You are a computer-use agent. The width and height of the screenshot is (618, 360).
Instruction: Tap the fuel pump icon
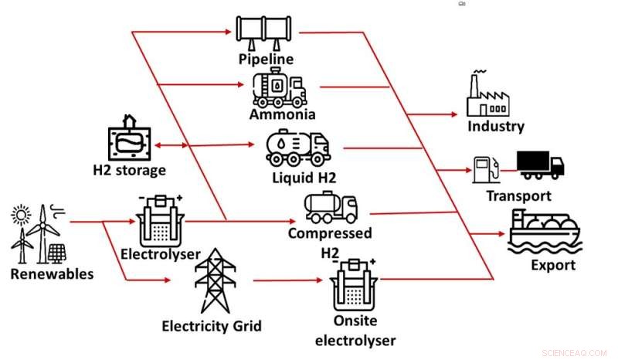[x=483, y=168]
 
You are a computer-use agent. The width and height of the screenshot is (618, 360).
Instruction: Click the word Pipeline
[x=266, y=59]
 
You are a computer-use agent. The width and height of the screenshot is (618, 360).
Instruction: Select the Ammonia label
[x=282, y=115]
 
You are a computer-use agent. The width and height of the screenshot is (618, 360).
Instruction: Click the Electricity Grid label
[x=211, y=325]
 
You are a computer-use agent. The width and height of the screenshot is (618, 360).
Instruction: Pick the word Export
[x=553, y=265]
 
